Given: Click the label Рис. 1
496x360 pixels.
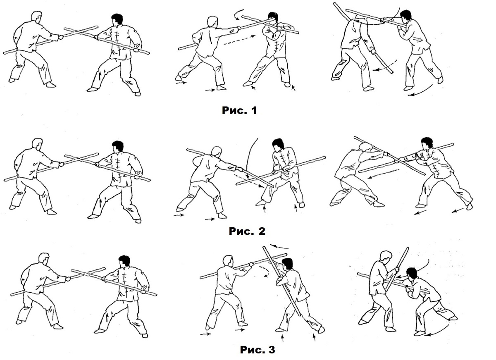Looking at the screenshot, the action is pos(239,110).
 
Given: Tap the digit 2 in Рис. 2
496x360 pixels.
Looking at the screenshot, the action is pos(261,231).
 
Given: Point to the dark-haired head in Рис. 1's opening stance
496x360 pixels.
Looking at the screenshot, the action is pos(117,20).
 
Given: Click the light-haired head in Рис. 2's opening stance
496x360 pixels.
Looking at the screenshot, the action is pos(38,145).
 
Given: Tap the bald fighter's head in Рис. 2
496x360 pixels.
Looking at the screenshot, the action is pos(215,152).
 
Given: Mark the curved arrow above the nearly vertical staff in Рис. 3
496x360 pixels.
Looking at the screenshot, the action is pos(279,246).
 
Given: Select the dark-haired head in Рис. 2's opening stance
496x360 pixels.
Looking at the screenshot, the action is pos(118,146).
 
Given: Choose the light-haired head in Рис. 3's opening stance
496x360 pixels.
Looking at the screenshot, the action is pos(44,259).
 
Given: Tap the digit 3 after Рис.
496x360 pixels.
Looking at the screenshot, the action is pos(271,350).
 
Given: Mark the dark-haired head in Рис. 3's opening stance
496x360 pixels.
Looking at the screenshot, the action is pos(124,262).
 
